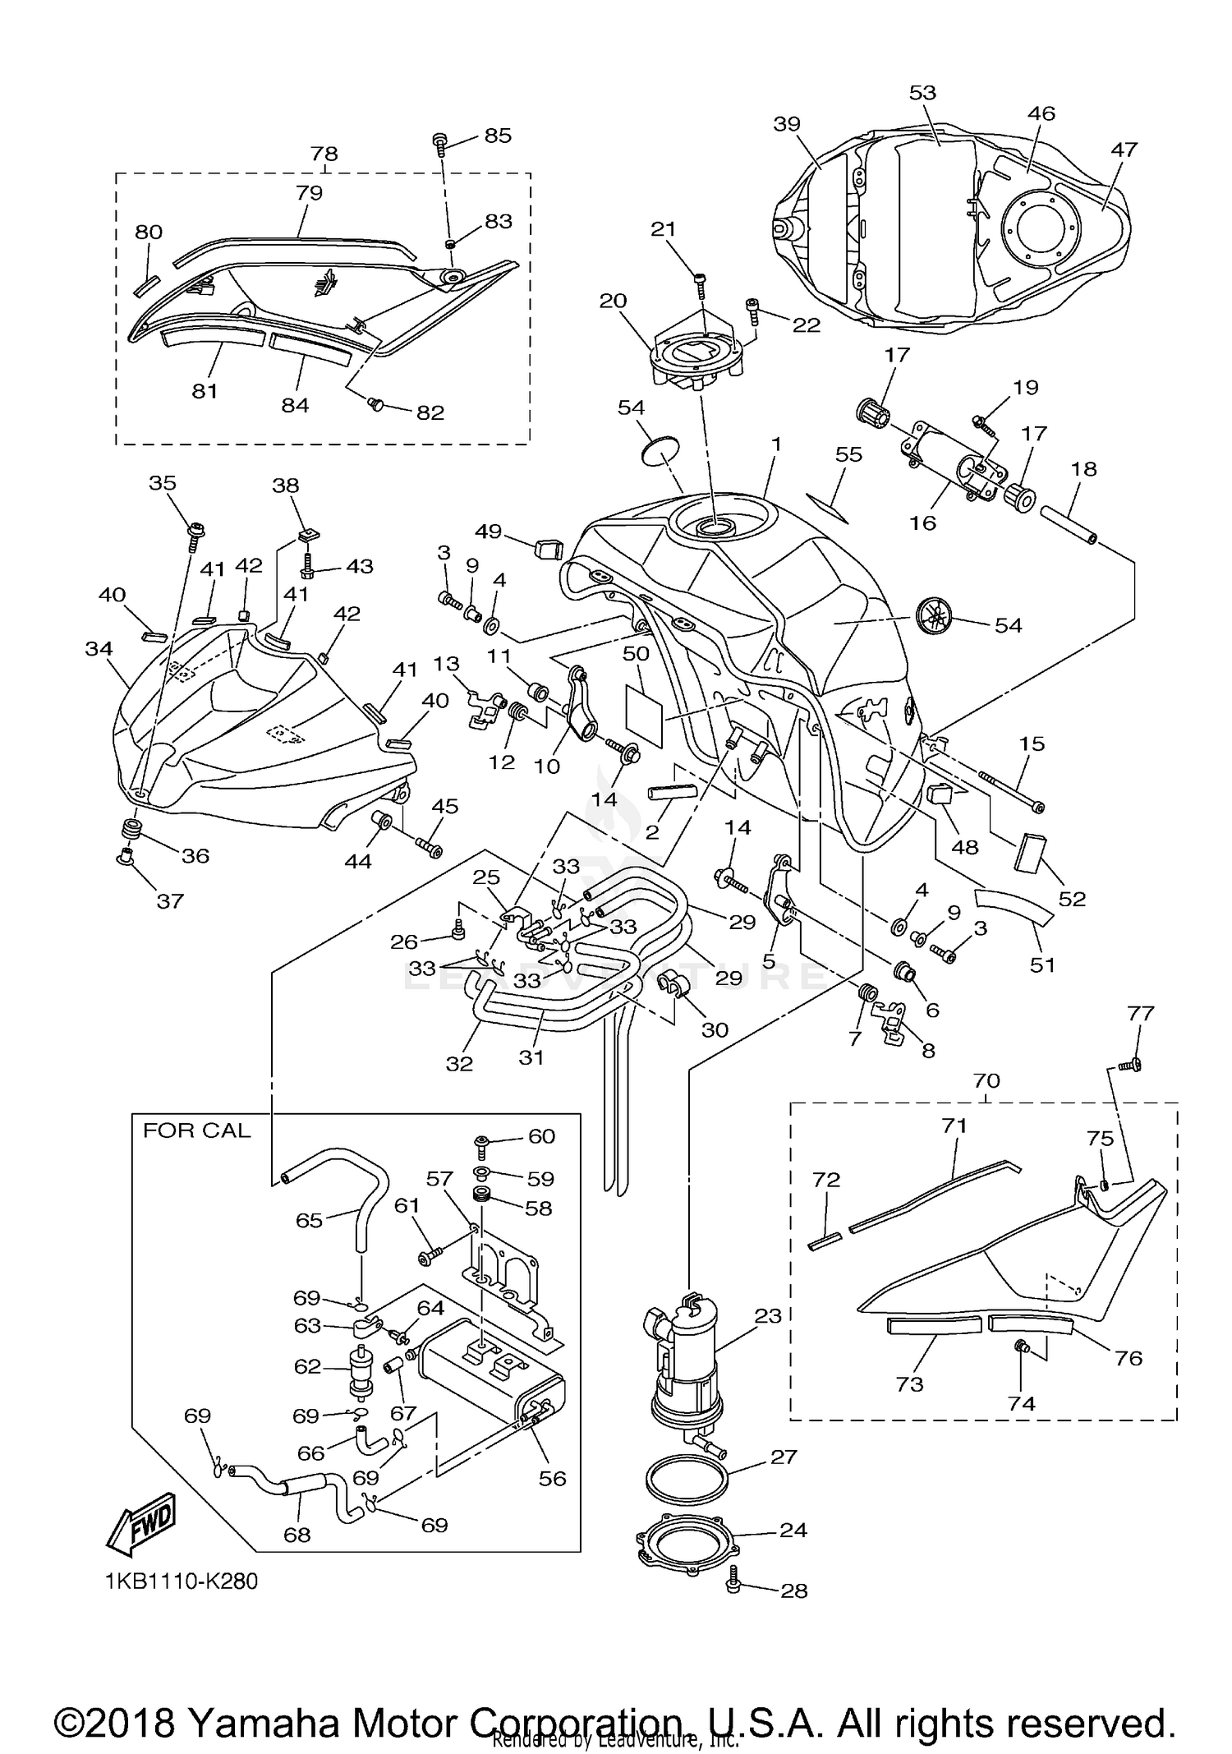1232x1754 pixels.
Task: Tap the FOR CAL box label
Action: [x=196, y=1131]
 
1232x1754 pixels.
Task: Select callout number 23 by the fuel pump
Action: [x=768, y=1316]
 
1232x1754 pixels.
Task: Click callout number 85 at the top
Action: [x=498, y=135]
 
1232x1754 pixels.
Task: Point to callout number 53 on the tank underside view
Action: [x=922, y=93]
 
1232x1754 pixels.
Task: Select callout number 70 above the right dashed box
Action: [x=986, y=1081]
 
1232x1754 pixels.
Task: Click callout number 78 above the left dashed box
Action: [x=324, y=154]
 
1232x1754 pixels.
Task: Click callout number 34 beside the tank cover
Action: [x=99, y=649]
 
